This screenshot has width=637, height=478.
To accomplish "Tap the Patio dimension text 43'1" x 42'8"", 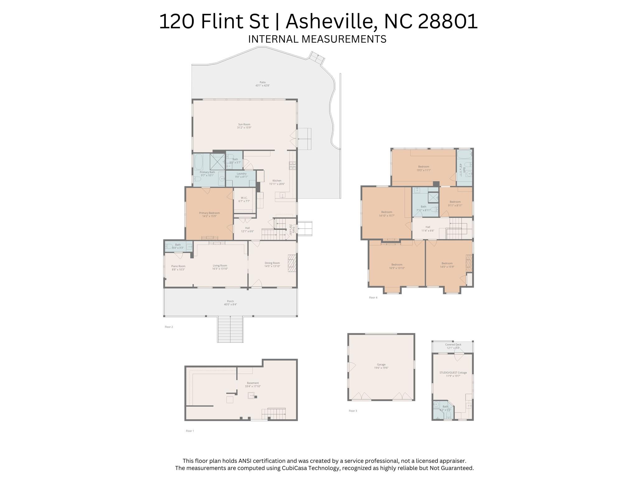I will [x=262, y=85].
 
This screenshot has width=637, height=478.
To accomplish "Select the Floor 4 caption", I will [x=373, y=297].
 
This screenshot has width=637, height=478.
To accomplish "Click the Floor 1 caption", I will [x=190, y=431].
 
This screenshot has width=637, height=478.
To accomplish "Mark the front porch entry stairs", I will [x=230, y=329].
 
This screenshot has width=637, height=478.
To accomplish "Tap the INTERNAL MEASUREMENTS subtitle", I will [x=317, y=39].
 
